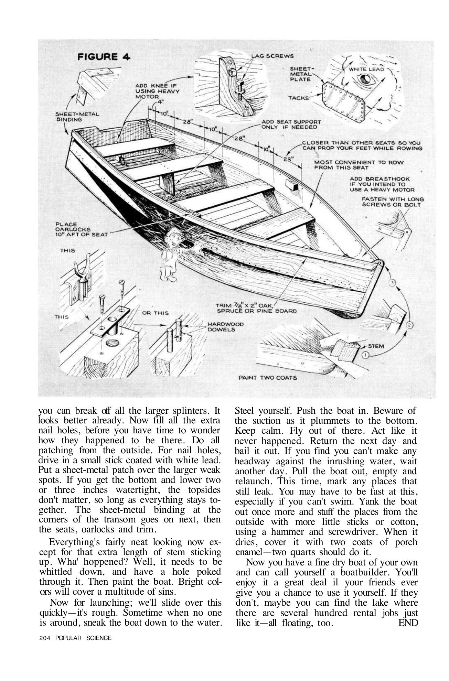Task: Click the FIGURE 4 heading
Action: tap(104, 57)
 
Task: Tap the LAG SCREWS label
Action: tap(272, 56)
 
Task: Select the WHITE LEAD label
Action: tap(366, 69)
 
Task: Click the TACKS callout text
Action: tap(298, 98)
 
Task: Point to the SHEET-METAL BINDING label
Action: tap(77, 117)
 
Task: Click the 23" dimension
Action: tap(288, 159)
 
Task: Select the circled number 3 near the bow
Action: tap(393, 282)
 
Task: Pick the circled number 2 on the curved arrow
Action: tap(409, 324)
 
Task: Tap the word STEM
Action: tap(376, 346)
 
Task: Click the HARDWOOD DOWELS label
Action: tap(225, 327)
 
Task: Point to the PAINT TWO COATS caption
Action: tap(268, 378)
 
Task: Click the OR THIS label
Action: tap(155, 313)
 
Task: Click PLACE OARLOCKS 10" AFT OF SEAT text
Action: tap(81, 229)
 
